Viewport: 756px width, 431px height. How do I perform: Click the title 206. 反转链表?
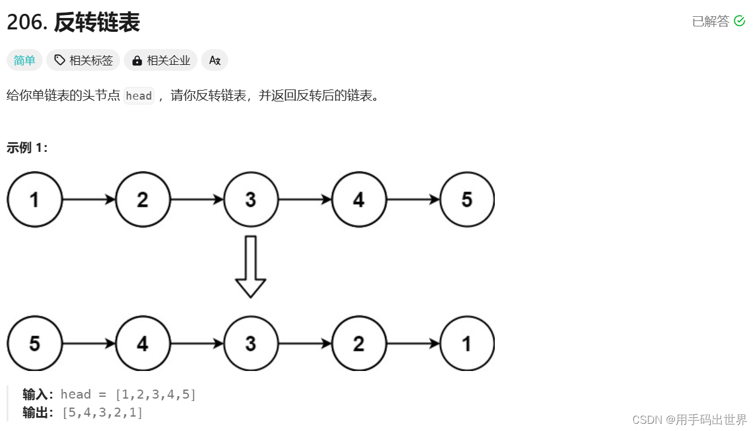coord(73,23)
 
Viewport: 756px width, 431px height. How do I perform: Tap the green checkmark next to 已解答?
coord(739,22)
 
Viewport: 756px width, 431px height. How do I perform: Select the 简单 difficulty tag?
coord(25,60)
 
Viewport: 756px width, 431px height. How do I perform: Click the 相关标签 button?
coord(83,60)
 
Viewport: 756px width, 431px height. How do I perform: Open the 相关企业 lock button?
coord(161,60)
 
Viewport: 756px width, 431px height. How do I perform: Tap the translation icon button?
coord(214,60)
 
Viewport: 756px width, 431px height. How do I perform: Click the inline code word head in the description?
coord(139,96)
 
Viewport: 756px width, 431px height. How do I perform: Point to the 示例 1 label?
coord(27,148)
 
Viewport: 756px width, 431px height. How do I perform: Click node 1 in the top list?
coord(34,200)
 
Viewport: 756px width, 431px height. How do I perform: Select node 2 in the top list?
coord(142,200)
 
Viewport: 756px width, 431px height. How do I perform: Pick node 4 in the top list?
coord(358,200)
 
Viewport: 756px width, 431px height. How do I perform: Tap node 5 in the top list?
coord(467,200)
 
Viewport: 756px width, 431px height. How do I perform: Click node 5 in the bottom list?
coord(34,344)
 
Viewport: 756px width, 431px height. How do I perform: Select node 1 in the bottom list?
coord(467,344)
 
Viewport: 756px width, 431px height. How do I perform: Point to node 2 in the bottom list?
coord(358,344)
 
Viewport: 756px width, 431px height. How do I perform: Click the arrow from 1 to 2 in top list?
coord(88,200)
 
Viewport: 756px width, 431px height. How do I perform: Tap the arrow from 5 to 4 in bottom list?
coord(88,344)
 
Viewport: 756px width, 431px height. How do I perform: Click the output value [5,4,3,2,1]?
coord(102,413)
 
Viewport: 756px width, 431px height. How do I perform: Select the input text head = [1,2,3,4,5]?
coord(129,394)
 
